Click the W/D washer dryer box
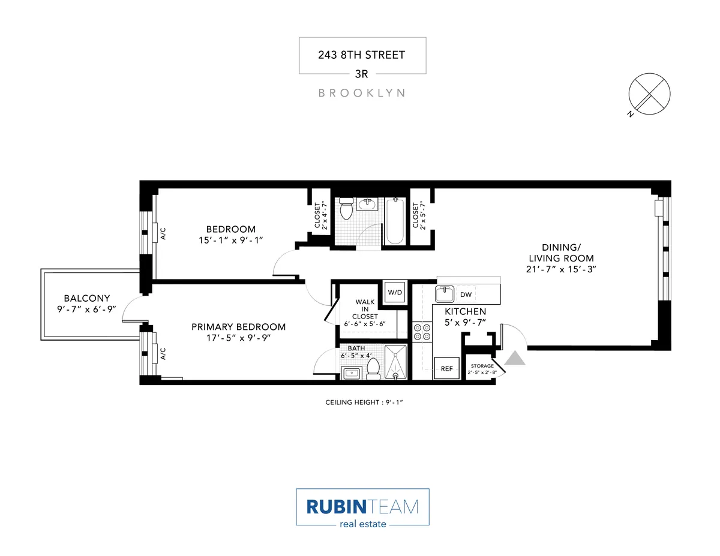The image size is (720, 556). click(x=395, y=292)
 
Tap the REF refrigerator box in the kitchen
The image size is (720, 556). click(x=446, y=369)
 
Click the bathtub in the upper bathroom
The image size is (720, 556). click(x=394, y=221)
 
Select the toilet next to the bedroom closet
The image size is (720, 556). click(x=346, y=210)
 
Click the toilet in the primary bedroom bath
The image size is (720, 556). click(x=373, y=368)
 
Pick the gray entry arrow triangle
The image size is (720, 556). click(x=516, y=357)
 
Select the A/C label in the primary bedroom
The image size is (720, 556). click(x=163, y=354)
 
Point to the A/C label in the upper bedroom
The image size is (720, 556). click(x=163, y=234)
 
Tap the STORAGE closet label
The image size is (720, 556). click(x=482, y=366)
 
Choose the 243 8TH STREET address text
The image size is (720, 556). click(x=362, y=55)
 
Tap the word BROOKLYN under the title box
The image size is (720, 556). click(x=362, y=93)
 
